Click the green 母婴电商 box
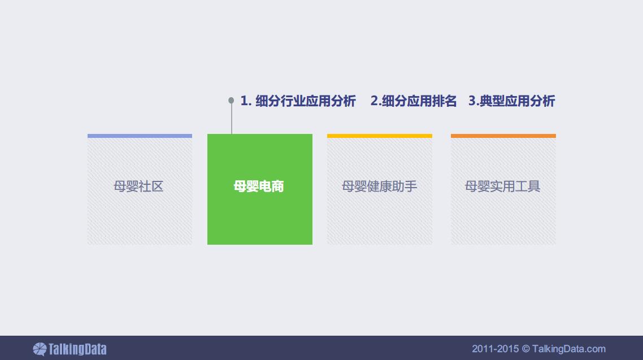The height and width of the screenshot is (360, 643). (x=259, y=189)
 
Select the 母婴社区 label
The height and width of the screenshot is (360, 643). (x=138, y=186)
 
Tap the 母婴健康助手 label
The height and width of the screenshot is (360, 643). (x=379, y=186)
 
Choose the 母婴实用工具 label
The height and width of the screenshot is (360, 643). (x=502, y=186)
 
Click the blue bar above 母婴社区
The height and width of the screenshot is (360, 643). (x=140, y=136)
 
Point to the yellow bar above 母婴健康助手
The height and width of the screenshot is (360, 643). (x=380, y=136)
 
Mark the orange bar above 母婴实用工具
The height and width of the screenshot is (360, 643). (x=503, y=136)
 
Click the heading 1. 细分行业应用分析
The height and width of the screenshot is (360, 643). (x=298, y=101)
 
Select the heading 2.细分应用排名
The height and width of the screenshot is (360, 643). (x=414, y=101)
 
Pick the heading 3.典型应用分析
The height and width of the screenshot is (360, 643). (x=512, y=101)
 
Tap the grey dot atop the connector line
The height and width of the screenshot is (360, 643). (x=231, y=100)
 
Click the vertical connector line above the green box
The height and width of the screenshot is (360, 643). (x=232, y=119)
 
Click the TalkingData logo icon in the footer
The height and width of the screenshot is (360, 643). (x=40, y=349)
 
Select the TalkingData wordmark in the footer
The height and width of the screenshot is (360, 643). (x=77, y=349)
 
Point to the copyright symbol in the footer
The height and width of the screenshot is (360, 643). (x=525, y=349)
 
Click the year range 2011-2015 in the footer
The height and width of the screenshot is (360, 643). (x=496, y=349)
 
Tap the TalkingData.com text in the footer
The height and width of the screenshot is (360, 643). (x=569, y=349)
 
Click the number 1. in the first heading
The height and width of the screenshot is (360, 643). (x=246, y=101)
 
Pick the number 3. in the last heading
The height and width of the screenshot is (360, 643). (x=473, y=101)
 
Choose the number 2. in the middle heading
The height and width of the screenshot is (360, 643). (x=376, y=101)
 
